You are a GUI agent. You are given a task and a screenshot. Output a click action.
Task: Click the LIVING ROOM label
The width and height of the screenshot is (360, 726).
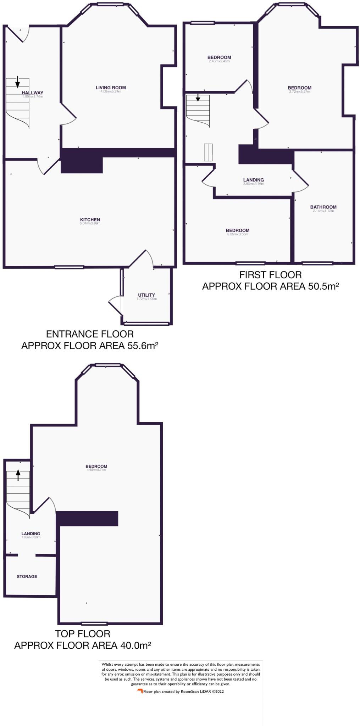pyautogui.click(x=111, y=88)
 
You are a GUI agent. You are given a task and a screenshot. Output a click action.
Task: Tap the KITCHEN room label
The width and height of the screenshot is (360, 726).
pyautogui.click(x=90, y=220)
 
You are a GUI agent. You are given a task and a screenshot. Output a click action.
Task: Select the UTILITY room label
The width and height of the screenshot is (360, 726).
pyautogui.click(x=146, y=295)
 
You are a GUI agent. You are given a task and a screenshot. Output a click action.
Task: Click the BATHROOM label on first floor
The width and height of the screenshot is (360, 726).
pyautogui.click(x=323, y=207)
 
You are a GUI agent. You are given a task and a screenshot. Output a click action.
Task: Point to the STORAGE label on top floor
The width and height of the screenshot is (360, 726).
pyautogui.click(x=27, y=576)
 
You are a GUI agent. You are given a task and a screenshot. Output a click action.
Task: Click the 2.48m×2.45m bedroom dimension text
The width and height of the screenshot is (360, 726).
pyautogui.click(x=219, y=61)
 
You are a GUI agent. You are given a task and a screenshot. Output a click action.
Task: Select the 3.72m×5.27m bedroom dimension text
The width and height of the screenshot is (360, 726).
pyautogui.click(x=299, y=92)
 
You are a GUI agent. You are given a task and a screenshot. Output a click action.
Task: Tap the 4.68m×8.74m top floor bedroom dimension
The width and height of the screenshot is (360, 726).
pyautogui.click(x=96, y=470)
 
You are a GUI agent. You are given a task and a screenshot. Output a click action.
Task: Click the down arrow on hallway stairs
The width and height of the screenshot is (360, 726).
pyautogui.click(x=17, y=82)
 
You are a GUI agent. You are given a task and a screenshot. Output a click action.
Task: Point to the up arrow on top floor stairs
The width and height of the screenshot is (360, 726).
pyautogui.click(x=18, y=475)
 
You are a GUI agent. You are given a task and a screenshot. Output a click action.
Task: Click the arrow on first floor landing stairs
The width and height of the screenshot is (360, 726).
pyautogui.click(x=198, y=97)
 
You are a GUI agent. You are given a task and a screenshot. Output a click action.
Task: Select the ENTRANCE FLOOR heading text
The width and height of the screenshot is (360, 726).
pyautogui.click(x=90, y=334)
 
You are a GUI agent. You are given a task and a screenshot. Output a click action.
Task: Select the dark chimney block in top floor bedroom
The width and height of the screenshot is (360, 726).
pyautogui.click(x=87, y=518)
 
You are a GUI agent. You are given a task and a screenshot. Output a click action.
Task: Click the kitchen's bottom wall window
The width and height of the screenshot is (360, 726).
pyautogui.click(x=69, y=267)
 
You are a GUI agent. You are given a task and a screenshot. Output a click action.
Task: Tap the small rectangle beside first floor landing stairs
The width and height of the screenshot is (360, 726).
pyautogui.click(x=208, y=152)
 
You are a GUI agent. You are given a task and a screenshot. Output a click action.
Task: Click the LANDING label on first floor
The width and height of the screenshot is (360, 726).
pyautogui.click(x=253, y=180)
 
